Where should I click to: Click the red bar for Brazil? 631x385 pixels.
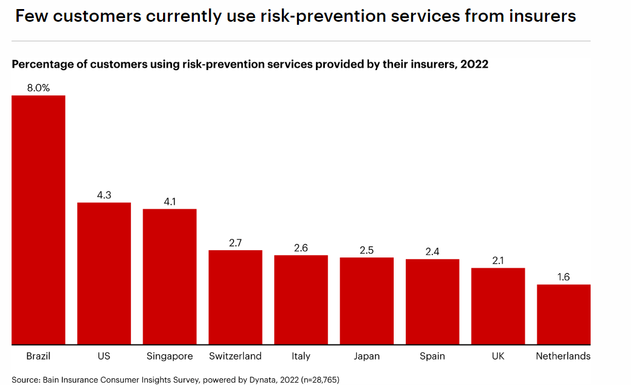[39, 220]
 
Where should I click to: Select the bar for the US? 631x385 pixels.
[104, 273]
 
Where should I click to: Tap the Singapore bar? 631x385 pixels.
[170, 277]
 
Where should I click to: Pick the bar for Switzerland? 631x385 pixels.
[235, 297]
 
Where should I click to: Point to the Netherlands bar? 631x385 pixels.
[563, 314]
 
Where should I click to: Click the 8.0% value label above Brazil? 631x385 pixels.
[39, 88]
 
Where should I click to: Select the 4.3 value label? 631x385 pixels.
[104, 195]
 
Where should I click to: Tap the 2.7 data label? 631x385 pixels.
[235, 243]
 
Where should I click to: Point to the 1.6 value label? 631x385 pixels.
[563, 277]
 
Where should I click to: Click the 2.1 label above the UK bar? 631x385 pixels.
[498, 260]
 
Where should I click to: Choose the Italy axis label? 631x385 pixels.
[301, 356]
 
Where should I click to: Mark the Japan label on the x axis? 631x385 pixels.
[367, 356]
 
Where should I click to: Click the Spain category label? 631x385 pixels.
[432, 356]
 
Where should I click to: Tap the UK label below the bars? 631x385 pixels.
[498, 356]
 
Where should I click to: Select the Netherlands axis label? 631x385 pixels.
[563, 356]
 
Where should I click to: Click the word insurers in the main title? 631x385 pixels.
[542, 16]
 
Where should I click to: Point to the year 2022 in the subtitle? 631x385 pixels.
[475, 65]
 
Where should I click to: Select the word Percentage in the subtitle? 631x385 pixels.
[43, 65]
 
